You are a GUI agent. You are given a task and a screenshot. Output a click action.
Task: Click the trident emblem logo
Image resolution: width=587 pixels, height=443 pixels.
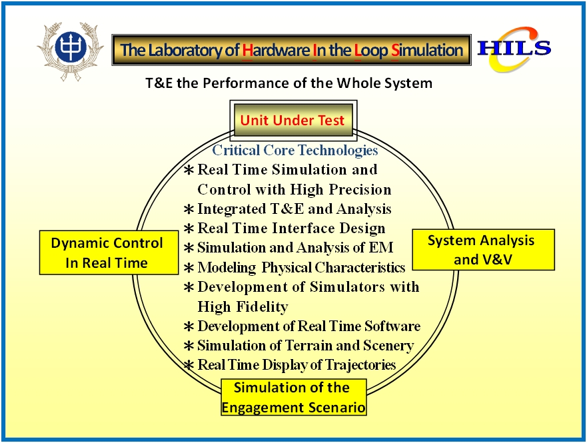coord(71,51)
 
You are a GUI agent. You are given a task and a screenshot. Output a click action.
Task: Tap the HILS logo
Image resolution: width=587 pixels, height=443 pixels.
coord(514,49)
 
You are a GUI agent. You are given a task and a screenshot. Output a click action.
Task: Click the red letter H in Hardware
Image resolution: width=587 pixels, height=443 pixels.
coord(247,50)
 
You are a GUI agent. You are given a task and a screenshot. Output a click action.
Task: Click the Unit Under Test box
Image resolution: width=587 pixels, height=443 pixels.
coord(293,120)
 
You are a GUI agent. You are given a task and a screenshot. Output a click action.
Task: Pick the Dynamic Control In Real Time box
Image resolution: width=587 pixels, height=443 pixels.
coord(109,252)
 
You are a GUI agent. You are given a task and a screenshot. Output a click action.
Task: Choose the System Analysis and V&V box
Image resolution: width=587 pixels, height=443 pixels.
coord(483,250)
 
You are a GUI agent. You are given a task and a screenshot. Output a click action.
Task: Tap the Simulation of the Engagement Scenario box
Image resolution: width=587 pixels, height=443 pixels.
coord(293,397)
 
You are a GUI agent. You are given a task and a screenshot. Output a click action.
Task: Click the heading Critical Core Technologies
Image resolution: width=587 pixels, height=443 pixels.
coord(295,150)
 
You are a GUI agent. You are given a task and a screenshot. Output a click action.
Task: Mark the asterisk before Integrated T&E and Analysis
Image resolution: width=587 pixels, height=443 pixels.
coord(189,209)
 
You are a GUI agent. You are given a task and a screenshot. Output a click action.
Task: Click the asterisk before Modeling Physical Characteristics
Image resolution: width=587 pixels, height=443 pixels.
coord(189,268)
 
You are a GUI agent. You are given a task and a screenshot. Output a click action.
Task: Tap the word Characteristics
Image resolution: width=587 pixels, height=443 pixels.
coord(360,268)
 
